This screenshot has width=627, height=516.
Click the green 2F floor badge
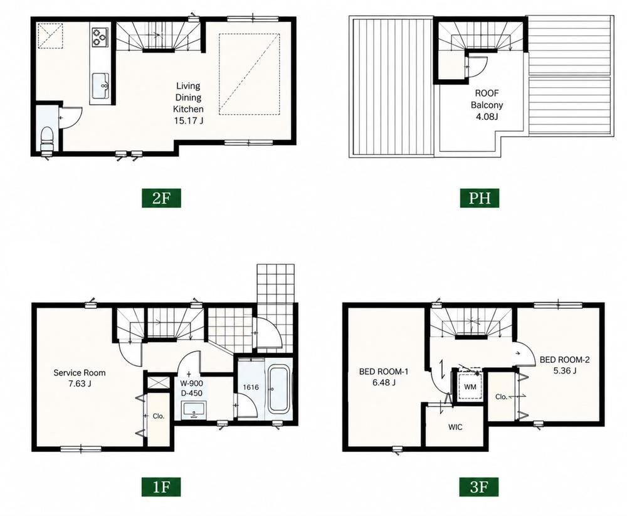pos(161,198)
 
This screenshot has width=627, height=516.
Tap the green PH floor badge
pos(480,198)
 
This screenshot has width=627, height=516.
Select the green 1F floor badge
pos(161,486)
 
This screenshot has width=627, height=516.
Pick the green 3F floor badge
pos(480,486)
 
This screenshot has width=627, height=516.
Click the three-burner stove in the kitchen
pos(100,36)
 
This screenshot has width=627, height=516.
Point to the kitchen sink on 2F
pos(100,85)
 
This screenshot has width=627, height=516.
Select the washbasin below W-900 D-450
pos(194,410)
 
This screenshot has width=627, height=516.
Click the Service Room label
pos(80,373)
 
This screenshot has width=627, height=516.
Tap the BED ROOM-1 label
pos(384,372)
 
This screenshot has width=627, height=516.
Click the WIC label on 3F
pos(455,427)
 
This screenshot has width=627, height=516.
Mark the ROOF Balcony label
pos(487,99)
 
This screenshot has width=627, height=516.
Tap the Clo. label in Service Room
pos(159,416)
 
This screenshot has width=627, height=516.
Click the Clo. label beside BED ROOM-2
pos(502,397)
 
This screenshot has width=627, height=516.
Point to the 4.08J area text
pos(487,117)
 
